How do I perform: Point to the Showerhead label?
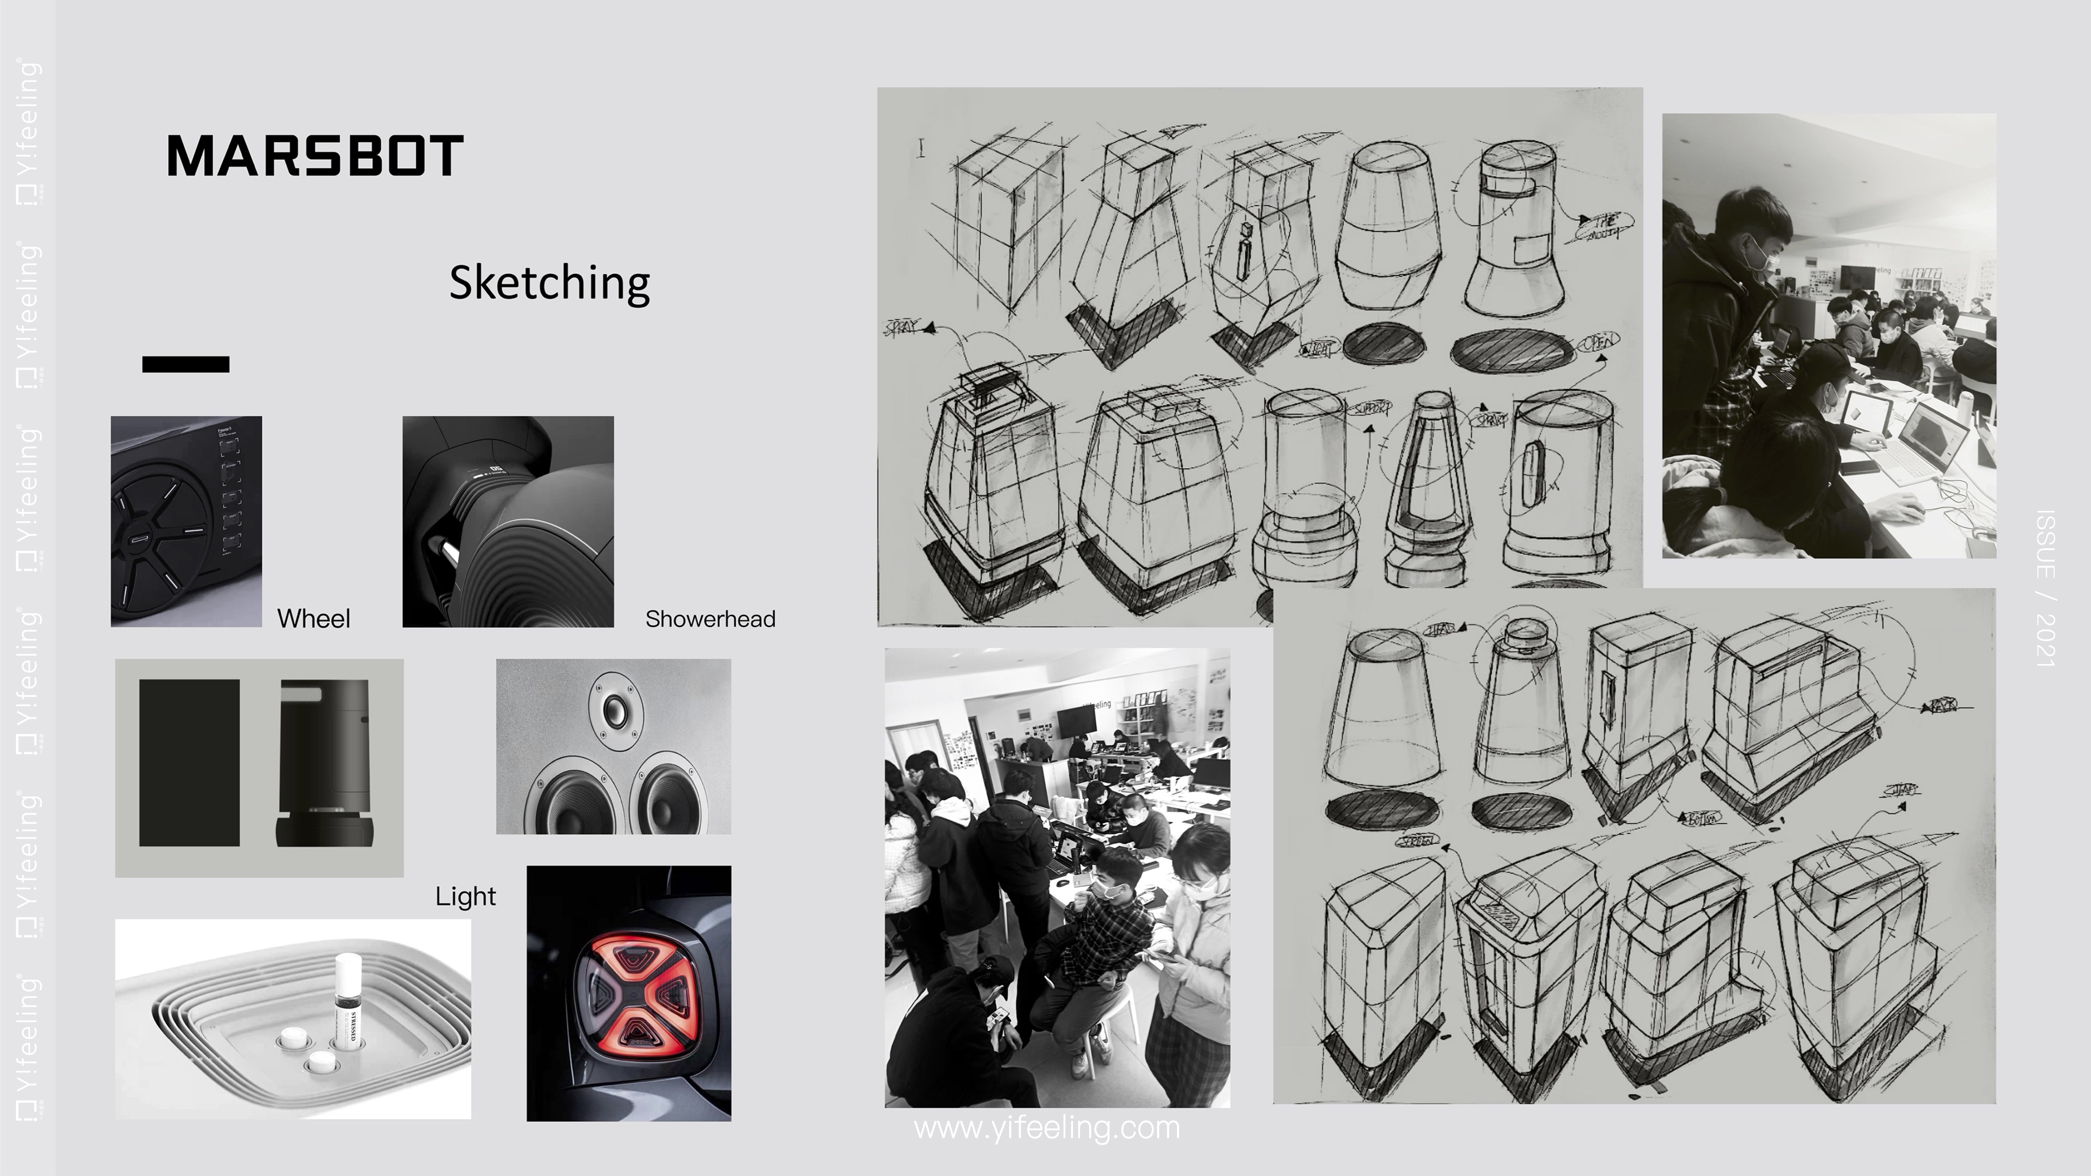tap(710, 619)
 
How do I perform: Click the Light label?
tap(465, 896)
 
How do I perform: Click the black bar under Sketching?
tap(186, 364)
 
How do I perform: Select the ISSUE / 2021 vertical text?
tap(2046, 589)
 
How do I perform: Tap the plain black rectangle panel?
tap(189, 763)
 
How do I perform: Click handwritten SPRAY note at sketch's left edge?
tap(901, 328)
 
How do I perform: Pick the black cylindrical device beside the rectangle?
tap(325, 763)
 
